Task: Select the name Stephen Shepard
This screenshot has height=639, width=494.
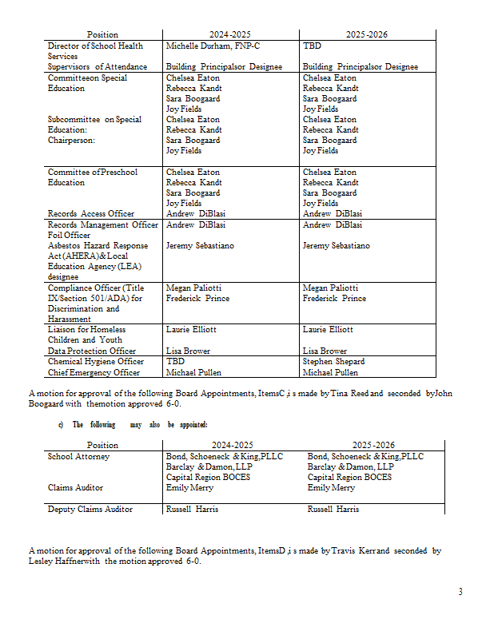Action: coord(334,361)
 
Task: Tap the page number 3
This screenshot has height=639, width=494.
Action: coord(460,591)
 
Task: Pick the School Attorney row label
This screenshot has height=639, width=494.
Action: coord(78,456)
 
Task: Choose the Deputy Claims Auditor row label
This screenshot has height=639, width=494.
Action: coord(90,509)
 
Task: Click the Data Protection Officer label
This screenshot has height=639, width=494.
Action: coord(91,351)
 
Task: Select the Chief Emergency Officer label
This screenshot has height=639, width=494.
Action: coord(94,372)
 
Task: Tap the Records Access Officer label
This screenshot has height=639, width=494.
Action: coord(90,213)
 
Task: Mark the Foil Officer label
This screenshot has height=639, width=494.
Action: coord(69,236)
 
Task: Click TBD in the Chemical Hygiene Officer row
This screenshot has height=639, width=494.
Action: coord(175,361)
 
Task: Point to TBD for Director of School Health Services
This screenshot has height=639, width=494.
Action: coord(312,46)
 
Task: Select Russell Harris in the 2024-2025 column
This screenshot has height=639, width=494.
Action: coord(192,509)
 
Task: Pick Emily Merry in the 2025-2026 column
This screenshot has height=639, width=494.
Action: coord(331,486)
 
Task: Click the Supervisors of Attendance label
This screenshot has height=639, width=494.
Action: coord(97,67)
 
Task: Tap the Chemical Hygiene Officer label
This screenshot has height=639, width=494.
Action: coord(95,361)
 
